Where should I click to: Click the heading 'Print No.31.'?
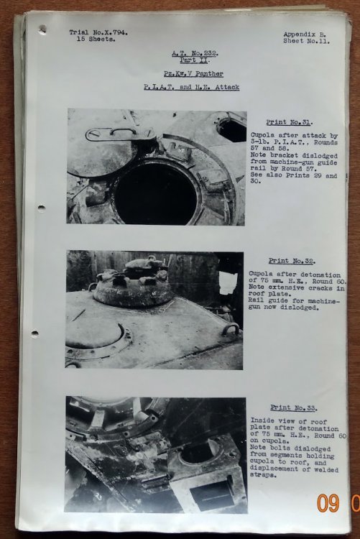tap(290, 122)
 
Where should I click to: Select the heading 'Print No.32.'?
tap(292, 261)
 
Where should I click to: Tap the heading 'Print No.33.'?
tap(294, 407)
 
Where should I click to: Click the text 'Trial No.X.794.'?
tap(98, 32)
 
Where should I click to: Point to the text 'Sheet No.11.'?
tap(307, 41)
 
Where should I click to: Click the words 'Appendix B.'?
tap(305, 34)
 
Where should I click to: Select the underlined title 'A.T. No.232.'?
tap(195, 53)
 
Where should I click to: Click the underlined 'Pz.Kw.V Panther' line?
tap(193, 74)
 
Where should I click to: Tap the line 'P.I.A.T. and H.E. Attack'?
tap(192, 87)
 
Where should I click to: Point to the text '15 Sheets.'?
tap(96, 40)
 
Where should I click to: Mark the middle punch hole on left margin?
tap(41, 208)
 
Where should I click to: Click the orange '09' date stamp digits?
tap(328, 503)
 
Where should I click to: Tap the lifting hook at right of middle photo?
tap(231, 329)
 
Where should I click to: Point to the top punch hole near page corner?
tap(43, 29)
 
